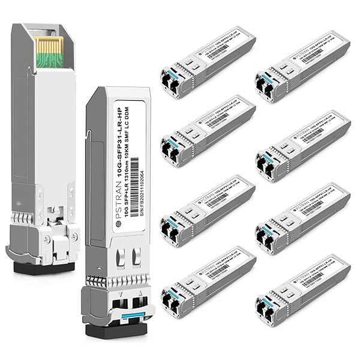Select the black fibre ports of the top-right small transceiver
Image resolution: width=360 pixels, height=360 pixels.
pos(267,83)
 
